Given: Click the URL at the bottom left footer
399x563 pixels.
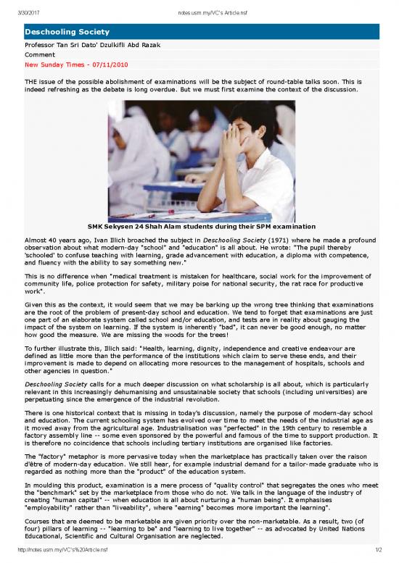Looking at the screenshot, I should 60,557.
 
